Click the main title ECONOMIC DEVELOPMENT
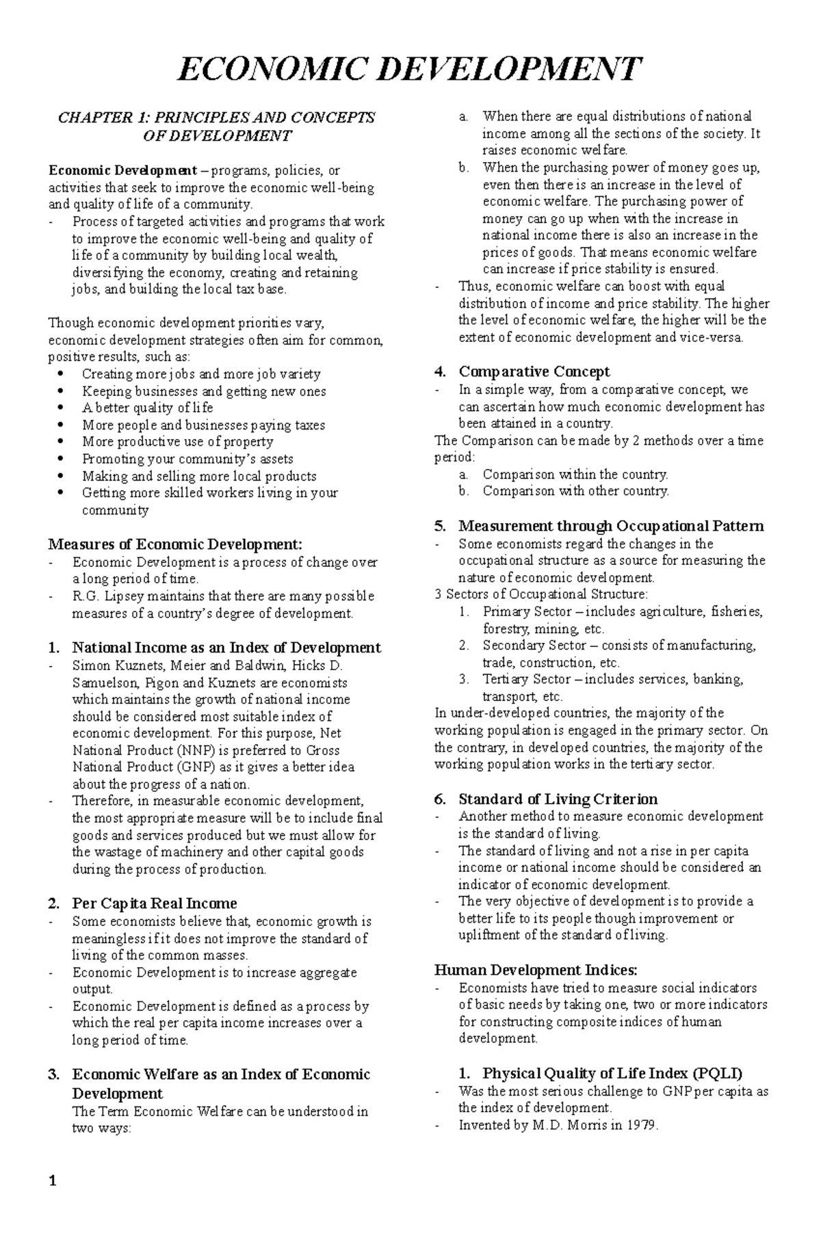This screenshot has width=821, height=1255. (409, 70)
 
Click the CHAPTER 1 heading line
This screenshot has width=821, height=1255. (216, 118)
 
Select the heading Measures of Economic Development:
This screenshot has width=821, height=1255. (174, 544)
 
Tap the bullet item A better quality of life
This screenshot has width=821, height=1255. (147, 408)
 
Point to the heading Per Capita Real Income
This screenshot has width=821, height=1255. (155, 903)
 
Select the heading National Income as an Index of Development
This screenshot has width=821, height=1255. (226, 648)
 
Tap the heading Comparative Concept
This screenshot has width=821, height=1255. (534, 372)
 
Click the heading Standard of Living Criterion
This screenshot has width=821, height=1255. (558, 799)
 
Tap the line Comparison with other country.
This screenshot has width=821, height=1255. (575, 491)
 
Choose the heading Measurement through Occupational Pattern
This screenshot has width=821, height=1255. (611, 526)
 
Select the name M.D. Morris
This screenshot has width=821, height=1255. (555, 1125)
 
